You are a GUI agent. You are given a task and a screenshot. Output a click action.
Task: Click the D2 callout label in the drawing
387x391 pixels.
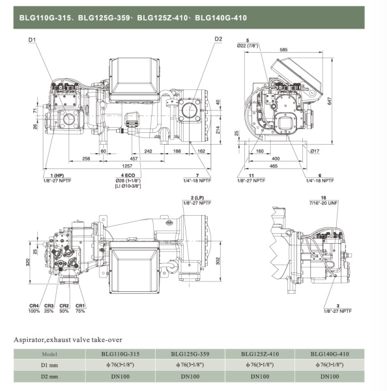click(218, 40)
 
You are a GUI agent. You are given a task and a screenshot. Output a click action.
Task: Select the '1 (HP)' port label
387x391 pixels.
click(57, 176)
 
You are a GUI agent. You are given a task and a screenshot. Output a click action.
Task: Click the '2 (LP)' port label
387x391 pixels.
click(197, 197)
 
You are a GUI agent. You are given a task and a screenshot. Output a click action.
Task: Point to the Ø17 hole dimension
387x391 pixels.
click(315, 151)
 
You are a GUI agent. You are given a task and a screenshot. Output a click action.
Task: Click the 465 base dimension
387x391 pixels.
click(276, 167)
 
